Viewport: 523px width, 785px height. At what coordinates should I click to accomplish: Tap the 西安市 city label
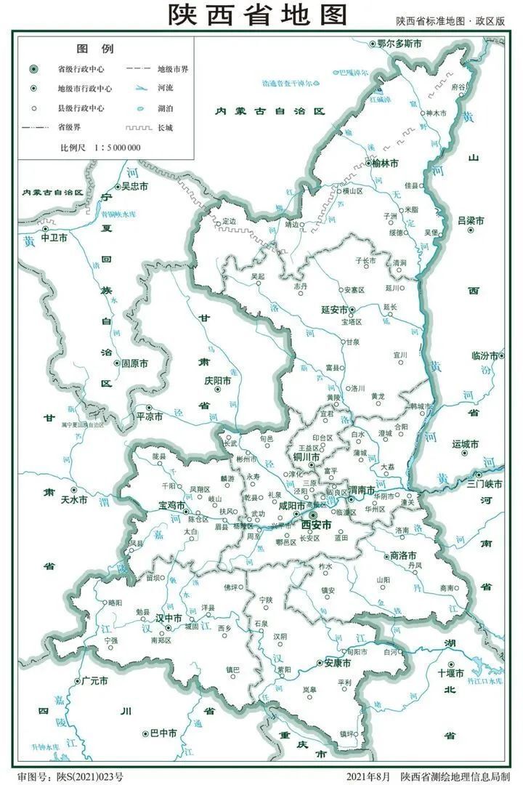(317, 524)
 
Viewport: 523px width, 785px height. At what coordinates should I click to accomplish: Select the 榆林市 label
(384, 163)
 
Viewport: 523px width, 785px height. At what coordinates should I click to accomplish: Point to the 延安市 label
(336, 309)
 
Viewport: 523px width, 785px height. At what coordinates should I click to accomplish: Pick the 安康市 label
(337, 664)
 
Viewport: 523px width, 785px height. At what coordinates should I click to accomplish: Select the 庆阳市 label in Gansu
(217, 380)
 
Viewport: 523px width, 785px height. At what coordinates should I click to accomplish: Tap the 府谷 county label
(458, 86)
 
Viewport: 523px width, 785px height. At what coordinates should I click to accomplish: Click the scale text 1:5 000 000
(117, 148)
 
